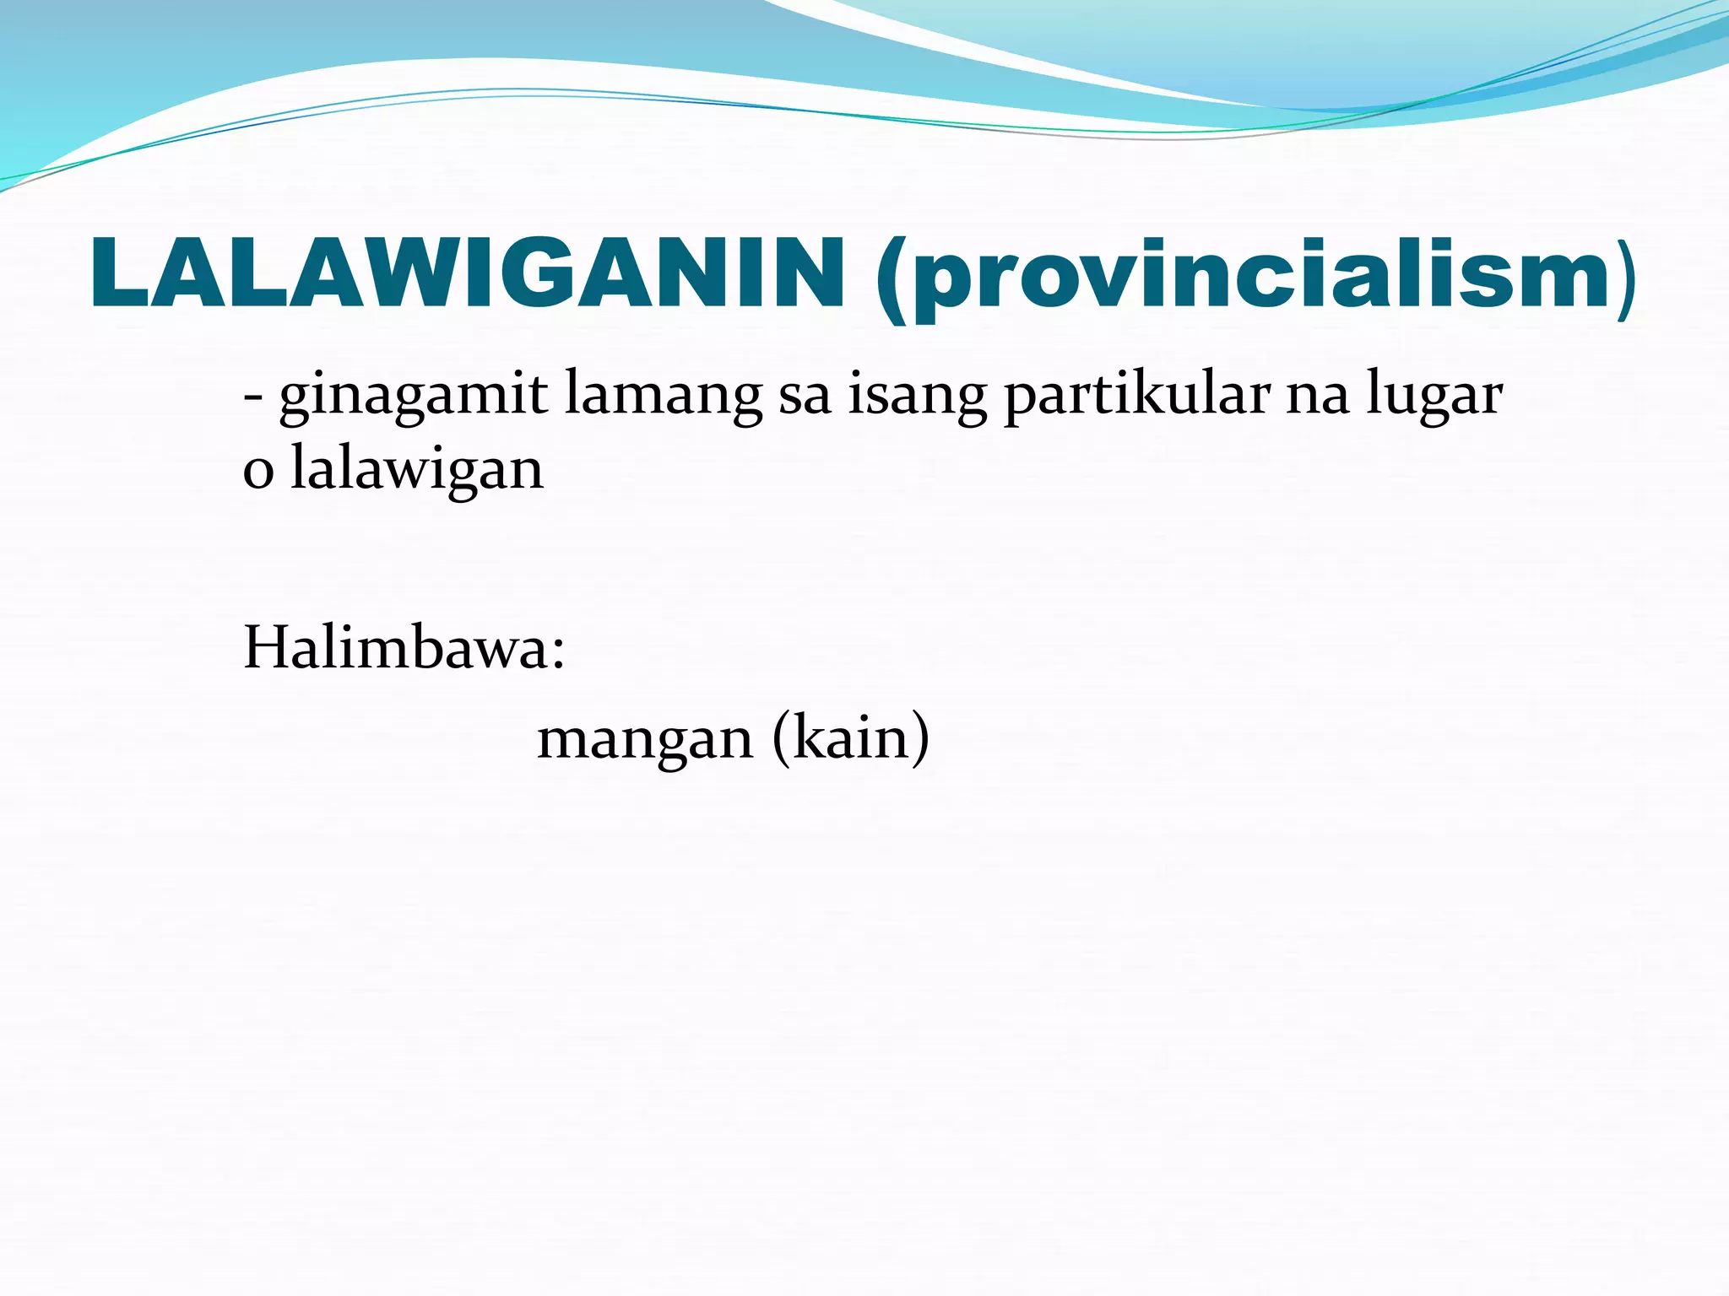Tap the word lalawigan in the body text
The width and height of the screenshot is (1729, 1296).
[x=417, y=469]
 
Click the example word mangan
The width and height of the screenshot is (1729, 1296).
[x=644, y=739]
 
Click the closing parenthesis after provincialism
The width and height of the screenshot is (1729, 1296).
[x=1627, y=278]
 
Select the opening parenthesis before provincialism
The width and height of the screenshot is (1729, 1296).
[x=892, y=278]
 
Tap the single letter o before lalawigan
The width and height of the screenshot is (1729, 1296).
[x=258, y=472]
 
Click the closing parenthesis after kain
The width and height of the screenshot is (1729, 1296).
[x=919, y=739]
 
